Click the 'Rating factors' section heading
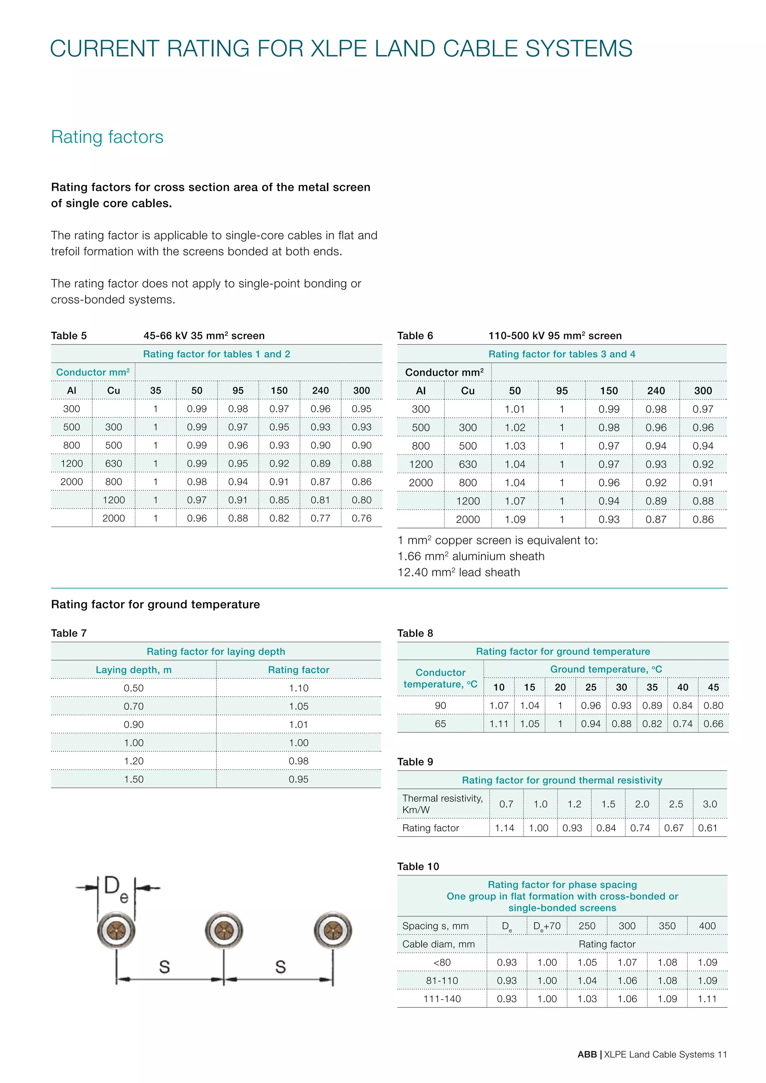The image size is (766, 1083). click(107, 137)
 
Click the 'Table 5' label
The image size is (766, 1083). click(69, 336)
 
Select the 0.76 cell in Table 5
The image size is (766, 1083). click(361, 518)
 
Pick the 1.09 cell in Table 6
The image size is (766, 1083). click(515, 519)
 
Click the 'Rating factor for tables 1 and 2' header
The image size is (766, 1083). click(217, 354)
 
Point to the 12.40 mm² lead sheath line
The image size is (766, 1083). click(459, 572)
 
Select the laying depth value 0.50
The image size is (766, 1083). click(134, 688)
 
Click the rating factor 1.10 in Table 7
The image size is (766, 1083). click(298, 688)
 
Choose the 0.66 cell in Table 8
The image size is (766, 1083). click(713, 724)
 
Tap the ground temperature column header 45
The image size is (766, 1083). click(713, 687)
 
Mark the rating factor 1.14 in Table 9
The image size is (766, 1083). click(504, 828)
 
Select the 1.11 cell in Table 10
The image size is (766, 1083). click(707, 998)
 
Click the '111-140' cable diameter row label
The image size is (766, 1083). click(442, 998)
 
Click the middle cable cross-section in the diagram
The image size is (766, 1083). click(224, 930)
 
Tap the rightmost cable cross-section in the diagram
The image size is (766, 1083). click(333, 930)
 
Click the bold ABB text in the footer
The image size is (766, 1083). click(587, 1054)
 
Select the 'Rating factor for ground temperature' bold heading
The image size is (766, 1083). click(155, 604)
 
